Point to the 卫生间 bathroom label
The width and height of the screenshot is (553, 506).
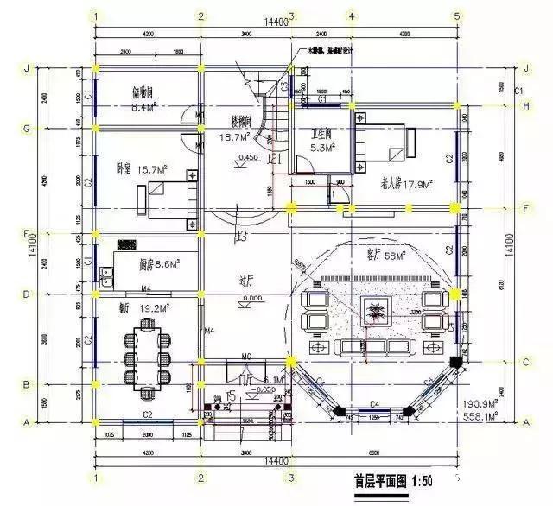point(323,134)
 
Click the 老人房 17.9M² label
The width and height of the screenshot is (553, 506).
point(405,183)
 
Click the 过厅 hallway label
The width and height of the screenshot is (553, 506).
point(245,281)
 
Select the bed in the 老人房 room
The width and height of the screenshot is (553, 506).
point(384,144)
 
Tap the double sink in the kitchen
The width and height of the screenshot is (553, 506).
point(108,277)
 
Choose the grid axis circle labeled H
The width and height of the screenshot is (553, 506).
point(526,105)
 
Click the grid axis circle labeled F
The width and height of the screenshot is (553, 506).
point(526,208)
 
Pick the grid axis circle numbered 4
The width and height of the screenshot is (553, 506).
point(351,16)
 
